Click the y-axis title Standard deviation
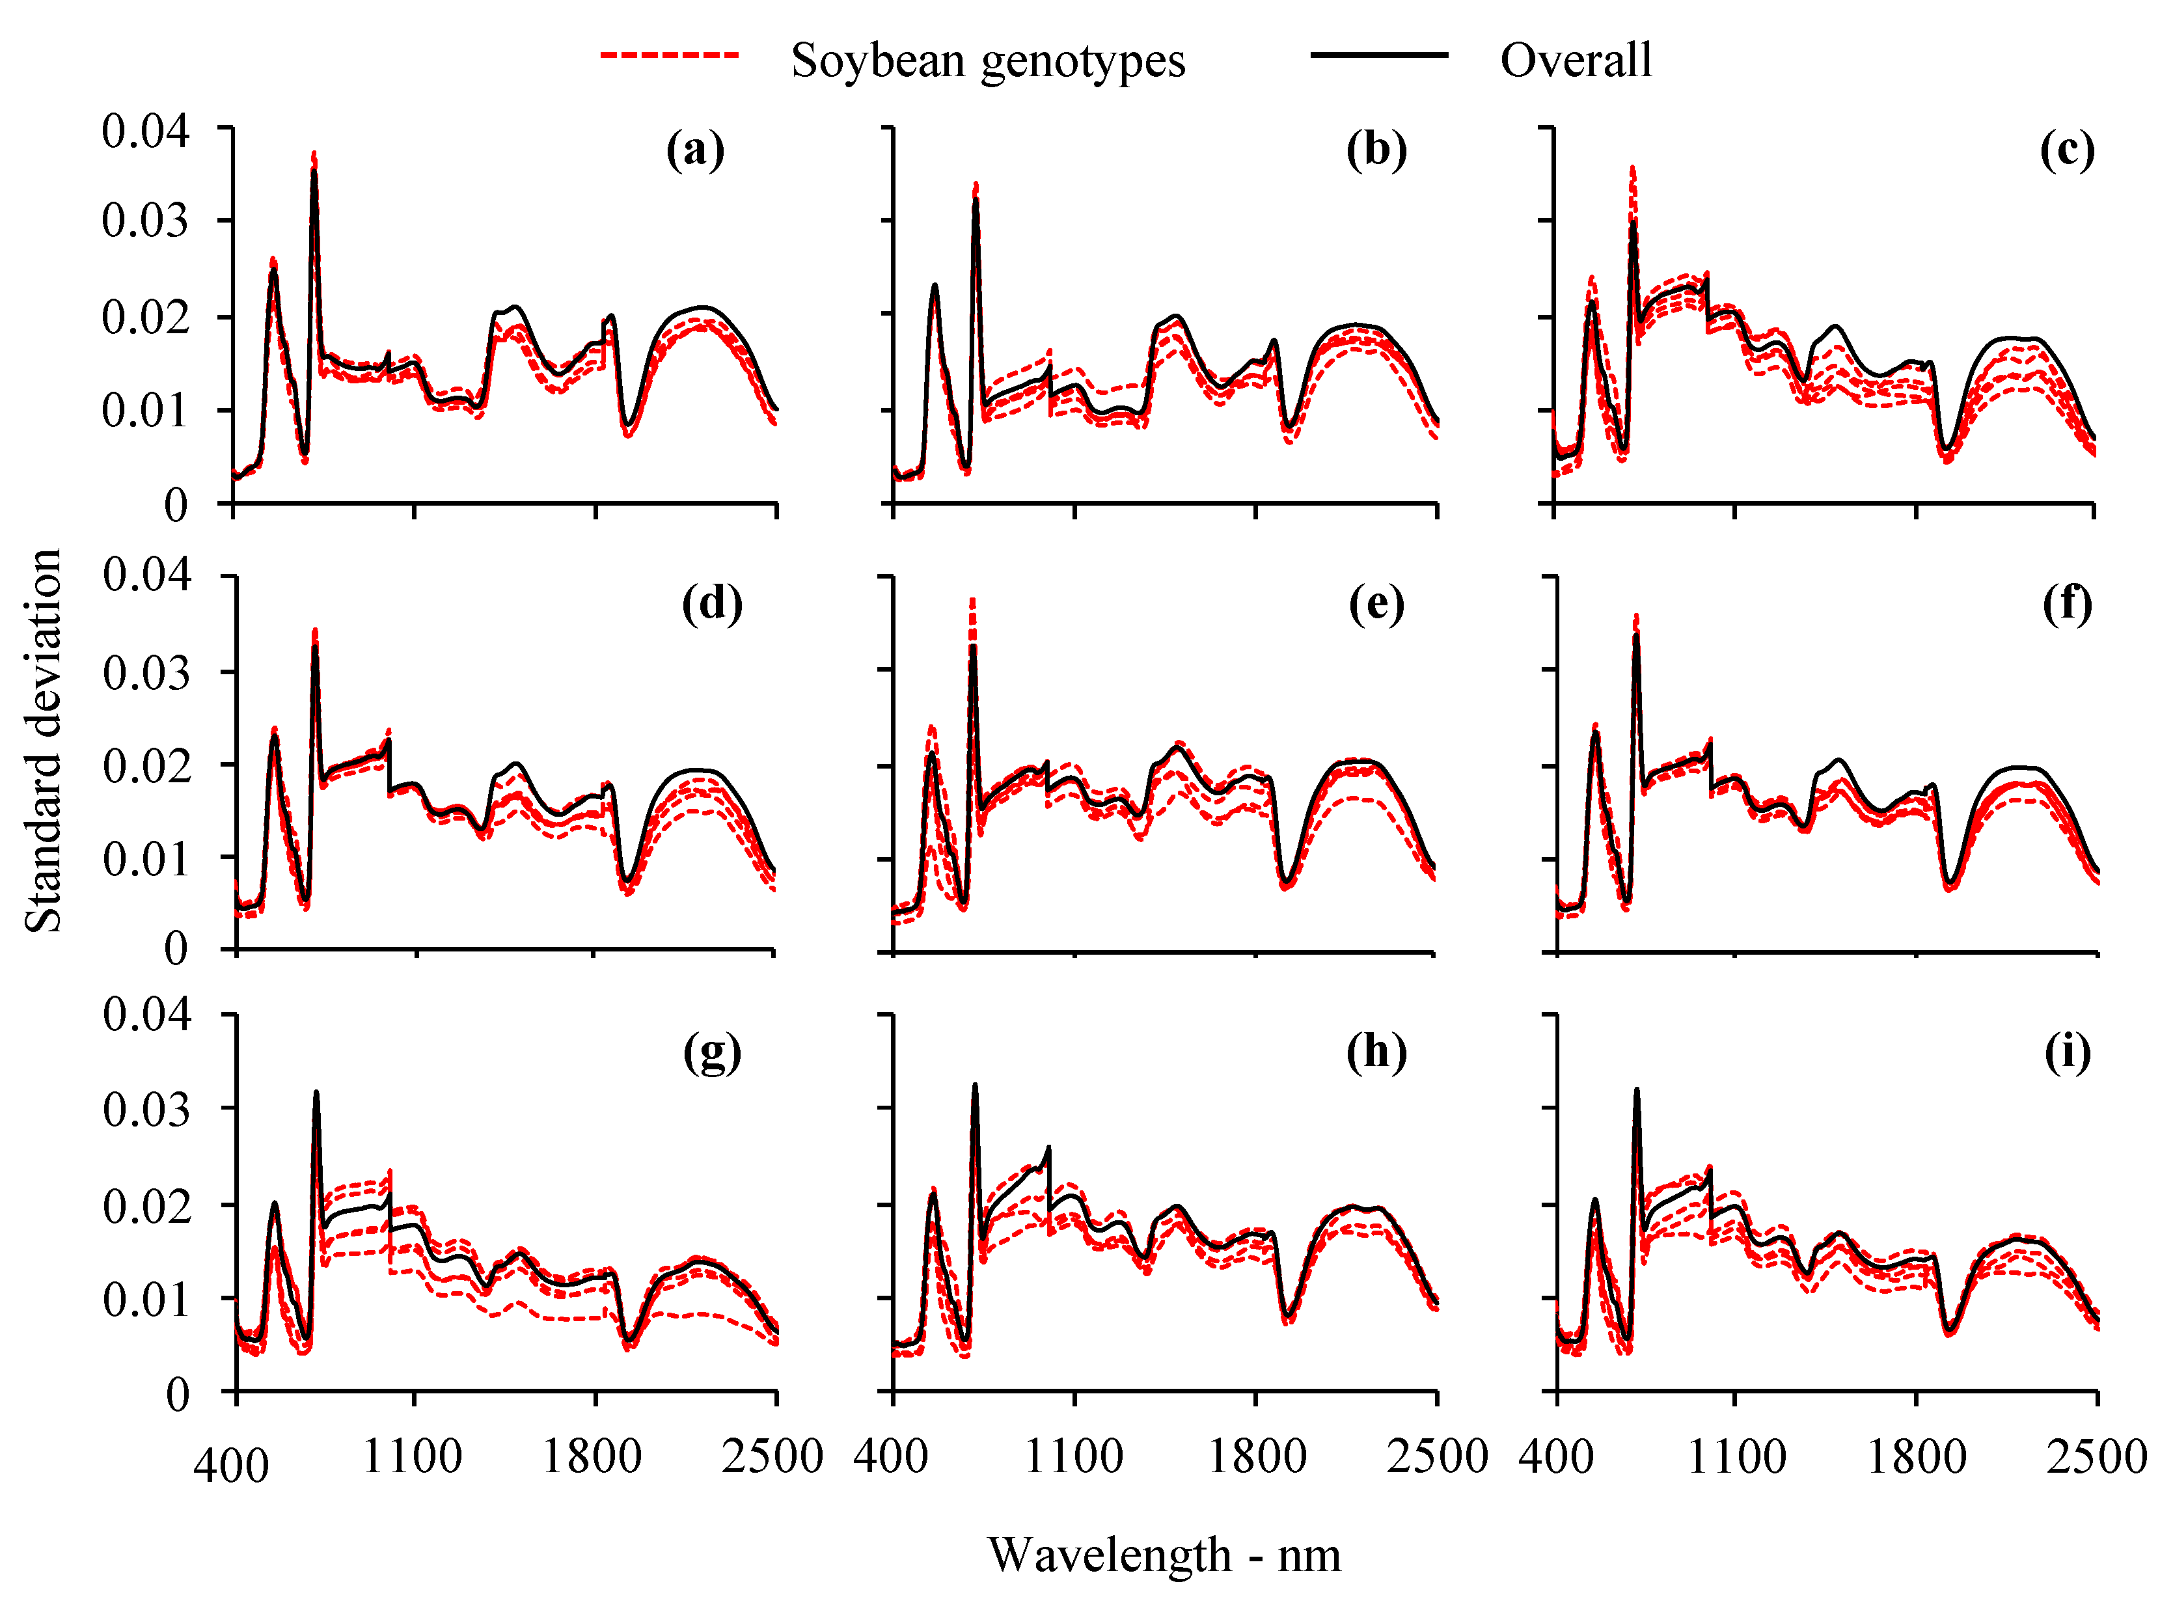44,741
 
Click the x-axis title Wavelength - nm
1164,1555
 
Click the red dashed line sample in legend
670,55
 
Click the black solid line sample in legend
1379,55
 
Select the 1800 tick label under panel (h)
1257,1456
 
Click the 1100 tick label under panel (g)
413,1456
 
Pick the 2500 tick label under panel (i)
2097,1456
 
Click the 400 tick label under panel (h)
890,1456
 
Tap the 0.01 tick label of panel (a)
146,411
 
